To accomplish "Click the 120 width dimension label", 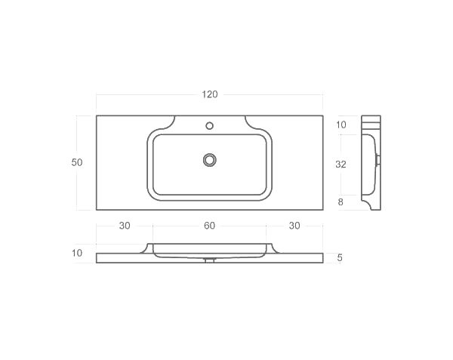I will click(x=210, y=94).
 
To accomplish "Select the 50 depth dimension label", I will click(x=77, y=162).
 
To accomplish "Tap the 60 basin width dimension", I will click(x=210, y=226).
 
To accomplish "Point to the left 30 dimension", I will click(x=125, y=226).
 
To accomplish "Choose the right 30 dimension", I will click(x=294, y=226).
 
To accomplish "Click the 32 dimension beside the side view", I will click(x=341, y=163).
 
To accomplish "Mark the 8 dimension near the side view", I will click(x=341, y=202).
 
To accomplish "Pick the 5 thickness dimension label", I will click(x=340, y=257).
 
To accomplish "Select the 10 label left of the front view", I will click(x=77, y=253).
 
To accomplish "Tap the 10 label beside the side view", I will click(x=341, y=125).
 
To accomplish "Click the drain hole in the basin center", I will click(x=210, y=159).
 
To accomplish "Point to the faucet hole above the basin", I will click(x=210, y=125).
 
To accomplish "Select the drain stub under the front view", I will click(x=210, y=260).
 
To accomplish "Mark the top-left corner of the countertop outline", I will click(x=97, y=115).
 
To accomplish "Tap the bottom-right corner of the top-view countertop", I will click(x=323, y=209).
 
